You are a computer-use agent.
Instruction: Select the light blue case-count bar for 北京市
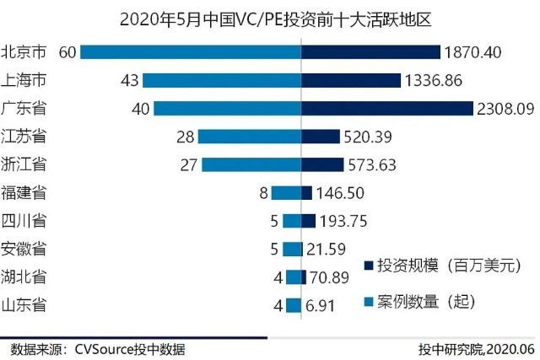191,52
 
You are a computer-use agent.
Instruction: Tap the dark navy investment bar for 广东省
387,108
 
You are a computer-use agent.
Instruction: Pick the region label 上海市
24,80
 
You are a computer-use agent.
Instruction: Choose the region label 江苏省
24,136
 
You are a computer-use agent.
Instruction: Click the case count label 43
129,80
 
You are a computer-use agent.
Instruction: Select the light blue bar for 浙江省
251,164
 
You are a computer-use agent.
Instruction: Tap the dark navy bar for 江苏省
321,136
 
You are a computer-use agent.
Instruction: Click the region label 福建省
24,192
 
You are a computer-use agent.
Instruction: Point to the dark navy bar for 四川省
309,220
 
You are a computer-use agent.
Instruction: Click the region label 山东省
24,304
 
